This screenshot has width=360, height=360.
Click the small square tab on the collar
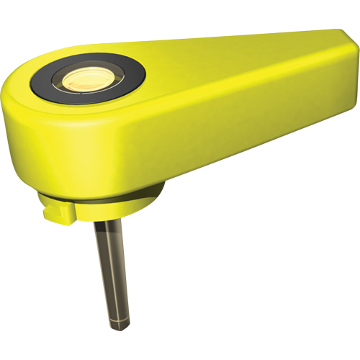coord(58,210)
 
